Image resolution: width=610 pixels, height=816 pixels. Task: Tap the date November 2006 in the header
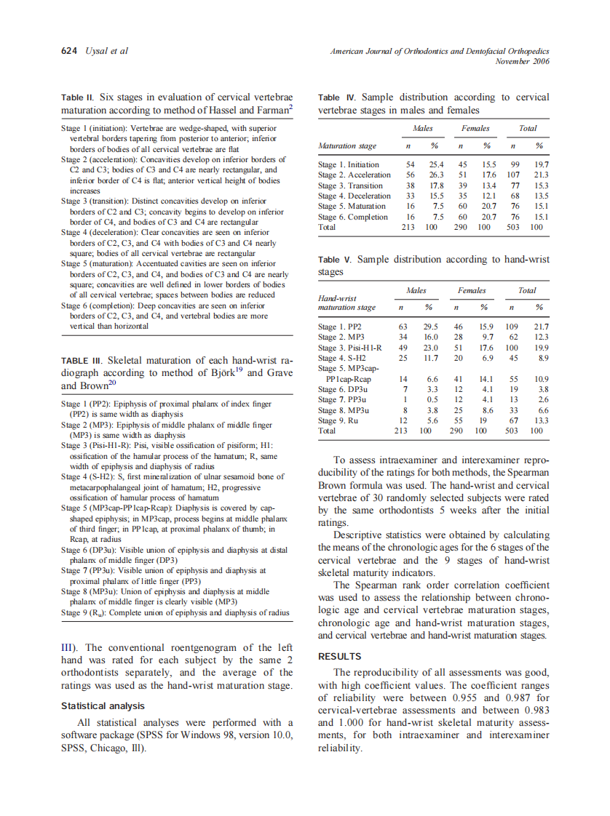[522, 61]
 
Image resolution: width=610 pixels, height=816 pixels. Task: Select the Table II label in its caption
[77, 97]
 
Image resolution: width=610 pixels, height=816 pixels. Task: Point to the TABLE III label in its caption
[84, 360]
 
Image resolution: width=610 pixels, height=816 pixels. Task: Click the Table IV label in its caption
[337, 97]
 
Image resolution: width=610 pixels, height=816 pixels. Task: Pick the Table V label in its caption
[335, 260]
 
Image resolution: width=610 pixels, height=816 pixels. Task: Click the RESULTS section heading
[340, 656]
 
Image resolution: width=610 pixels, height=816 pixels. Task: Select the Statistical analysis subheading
[103, 705]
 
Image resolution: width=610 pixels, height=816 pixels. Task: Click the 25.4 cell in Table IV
[435, 165]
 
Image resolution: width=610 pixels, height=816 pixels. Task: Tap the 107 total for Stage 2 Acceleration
[513, 175]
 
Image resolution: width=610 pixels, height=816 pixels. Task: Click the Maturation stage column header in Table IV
[347, 146]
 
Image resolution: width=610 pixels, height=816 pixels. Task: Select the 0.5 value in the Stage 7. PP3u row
[432, 399]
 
